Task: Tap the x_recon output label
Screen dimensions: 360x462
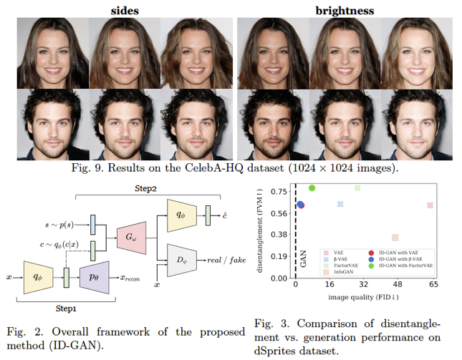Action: (134, 276)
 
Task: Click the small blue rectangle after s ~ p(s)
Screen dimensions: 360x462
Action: (93, 224)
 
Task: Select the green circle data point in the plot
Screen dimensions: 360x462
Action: (312, 188)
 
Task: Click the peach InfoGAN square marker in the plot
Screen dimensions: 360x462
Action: (395, 238)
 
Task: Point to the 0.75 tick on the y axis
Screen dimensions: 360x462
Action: (280, 191)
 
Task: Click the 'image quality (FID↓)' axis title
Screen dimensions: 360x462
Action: (364, 296)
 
